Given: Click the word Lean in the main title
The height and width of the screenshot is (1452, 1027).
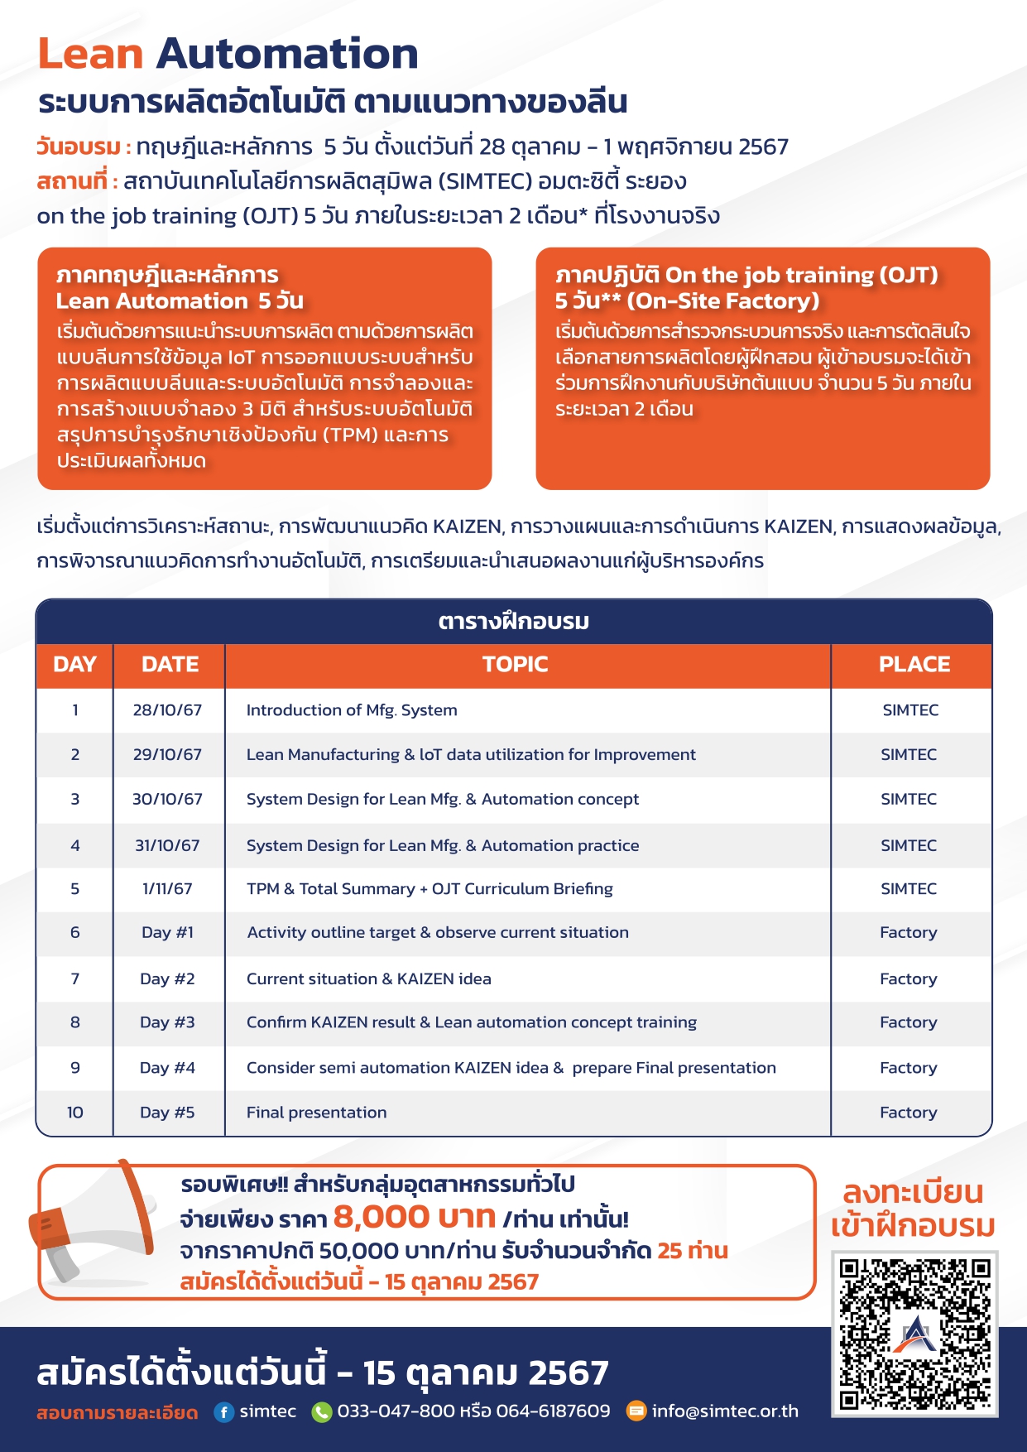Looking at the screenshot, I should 91,55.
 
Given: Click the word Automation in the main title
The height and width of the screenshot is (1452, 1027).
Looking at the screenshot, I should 287,55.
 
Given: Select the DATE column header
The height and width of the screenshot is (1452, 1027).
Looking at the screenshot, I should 170,665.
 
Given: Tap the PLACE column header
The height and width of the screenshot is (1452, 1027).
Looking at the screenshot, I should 914,665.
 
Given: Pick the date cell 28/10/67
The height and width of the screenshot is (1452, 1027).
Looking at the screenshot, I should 167,710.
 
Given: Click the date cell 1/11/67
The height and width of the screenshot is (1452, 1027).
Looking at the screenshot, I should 167,889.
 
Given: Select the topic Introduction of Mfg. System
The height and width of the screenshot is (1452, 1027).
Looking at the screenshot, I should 352,710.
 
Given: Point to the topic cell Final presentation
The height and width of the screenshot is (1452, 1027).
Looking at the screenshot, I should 316,1113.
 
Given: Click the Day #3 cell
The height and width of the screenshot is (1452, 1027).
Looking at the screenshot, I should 167,1022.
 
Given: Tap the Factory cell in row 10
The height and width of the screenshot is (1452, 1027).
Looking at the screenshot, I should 908,1113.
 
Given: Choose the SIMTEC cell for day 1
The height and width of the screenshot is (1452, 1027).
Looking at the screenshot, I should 910,710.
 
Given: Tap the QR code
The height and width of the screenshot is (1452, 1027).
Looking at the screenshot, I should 914,1334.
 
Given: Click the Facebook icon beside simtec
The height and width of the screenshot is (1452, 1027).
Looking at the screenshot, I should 223,1412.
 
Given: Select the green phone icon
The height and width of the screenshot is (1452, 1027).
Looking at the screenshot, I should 321,1412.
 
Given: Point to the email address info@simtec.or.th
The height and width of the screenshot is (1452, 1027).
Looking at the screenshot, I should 725,1411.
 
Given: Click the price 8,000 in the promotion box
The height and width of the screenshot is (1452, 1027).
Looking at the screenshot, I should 381,1217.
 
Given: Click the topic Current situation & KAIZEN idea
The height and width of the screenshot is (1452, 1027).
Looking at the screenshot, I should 368,979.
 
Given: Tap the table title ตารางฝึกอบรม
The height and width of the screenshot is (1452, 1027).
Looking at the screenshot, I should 513,622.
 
